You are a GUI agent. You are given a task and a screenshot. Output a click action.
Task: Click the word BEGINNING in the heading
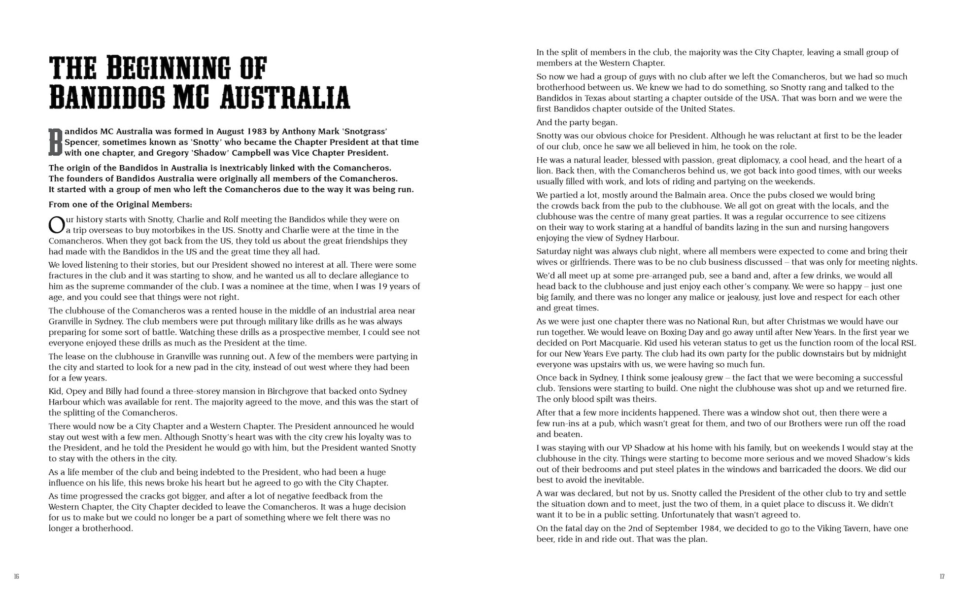coord(162,68)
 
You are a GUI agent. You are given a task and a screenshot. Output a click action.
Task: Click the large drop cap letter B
coord(55,142)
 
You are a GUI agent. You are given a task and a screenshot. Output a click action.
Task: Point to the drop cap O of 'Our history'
coord(56,225)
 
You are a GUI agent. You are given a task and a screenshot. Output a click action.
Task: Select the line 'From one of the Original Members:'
coord(120,204)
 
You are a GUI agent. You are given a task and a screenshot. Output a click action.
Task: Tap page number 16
coord(16,577)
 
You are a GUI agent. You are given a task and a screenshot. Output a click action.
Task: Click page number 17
coord(942,577)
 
